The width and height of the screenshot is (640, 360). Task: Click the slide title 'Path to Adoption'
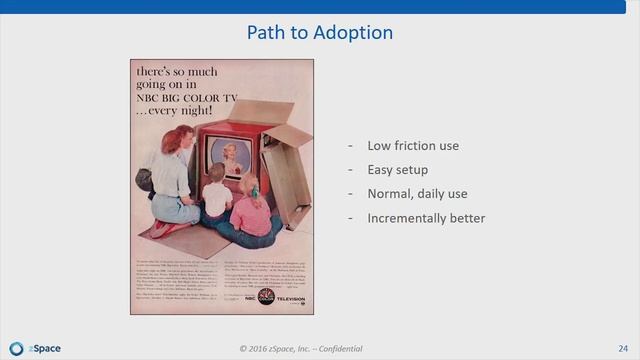click(320, 33)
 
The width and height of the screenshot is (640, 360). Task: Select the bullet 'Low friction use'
click(413, 146)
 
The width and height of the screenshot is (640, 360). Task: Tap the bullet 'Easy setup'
click(399, 170)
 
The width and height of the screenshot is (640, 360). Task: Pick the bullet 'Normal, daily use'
click(417, 194)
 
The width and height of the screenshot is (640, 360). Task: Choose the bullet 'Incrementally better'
click(426, 218)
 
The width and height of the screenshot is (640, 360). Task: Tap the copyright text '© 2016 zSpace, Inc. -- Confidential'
click(300, 348)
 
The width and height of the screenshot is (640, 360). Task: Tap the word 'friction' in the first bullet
click(417, 146)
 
